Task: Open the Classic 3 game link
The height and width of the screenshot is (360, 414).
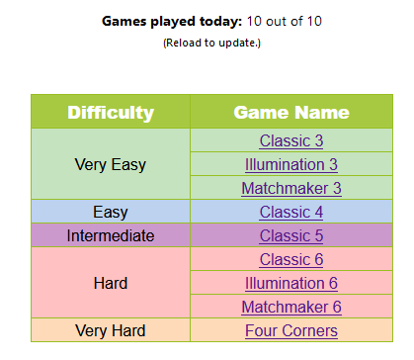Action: [291, 140]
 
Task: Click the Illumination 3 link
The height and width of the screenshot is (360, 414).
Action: [291, 164]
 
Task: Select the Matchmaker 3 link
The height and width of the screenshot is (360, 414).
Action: [291, 188]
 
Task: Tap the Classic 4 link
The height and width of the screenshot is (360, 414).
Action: [291, 212]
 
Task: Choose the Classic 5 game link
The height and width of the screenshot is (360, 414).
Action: [291, 235]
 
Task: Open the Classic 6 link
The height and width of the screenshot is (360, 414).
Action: [291, 259]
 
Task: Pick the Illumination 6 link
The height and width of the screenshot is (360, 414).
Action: [291, 283]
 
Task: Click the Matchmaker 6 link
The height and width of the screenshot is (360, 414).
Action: [291, 307]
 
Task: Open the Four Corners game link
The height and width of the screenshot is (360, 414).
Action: [291, 330]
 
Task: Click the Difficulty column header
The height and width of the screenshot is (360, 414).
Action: [111, 113]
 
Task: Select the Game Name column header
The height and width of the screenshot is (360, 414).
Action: [291, 113]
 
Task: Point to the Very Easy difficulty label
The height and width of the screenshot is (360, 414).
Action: [111, 164]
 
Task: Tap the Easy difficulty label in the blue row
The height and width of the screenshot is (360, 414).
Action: [111, 212]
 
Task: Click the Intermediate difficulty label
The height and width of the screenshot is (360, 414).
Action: [111, 235]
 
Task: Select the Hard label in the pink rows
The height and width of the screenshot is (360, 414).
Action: [111, 283]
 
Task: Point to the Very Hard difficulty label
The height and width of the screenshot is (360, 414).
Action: [111, 330]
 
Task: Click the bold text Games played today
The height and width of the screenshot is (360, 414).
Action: [172, 22]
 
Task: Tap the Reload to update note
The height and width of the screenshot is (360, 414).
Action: [211, 43]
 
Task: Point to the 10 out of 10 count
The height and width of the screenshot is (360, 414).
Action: [284, 21]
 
